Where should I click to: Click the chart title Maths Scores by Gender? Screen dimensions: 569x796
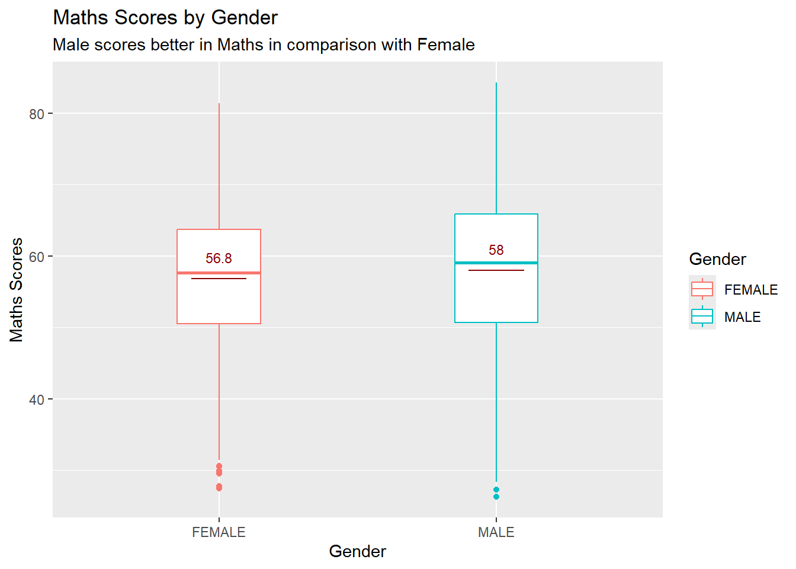[x=165, y=18]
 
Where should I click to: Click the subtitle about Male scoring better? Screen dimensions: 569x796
[x=264, y=45]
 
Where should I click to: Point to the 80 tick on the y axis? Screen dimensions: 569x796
[x=37, y=114]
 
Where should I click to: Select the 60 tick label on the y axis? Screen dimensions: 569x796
[x=37, y=257]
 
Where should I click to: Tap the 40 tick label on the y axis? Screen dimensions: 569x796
[x=37, y=399]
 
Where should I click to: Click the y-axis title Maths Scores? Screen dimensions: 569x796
[x=17, y=290]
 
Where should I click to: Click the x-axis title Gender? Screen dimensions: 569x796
[x=357, y=551]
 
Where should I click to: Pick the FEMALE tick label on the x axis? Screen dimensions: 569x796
[x=219, y=532]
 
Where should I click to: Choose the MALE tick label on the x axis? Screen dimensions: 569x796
[x=496, y=532]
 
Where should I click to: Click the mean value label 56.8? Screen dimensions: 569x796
[x=219, y=258]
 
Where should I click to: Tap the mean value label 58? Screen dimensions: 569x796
[x=496, y=250]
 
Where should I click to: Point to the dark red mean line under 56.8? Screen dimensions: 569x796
[x=219, y=279]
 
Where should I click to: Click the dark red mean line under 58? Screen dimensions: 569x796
[x=496, y=270]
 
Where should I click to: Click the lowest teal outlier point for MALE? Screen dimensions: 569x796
[x=496, y=497]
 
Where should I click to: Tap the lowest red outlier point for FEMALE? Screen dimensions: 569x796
[x=219, y=487]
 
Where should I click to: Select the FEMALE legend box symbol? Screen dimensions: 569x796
[x=702, y=289]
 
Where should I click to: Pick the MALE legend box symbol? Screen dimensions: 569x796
[x=702, y=317]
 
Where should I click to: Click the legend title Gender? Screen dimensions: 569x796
[x=717, y=259]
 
